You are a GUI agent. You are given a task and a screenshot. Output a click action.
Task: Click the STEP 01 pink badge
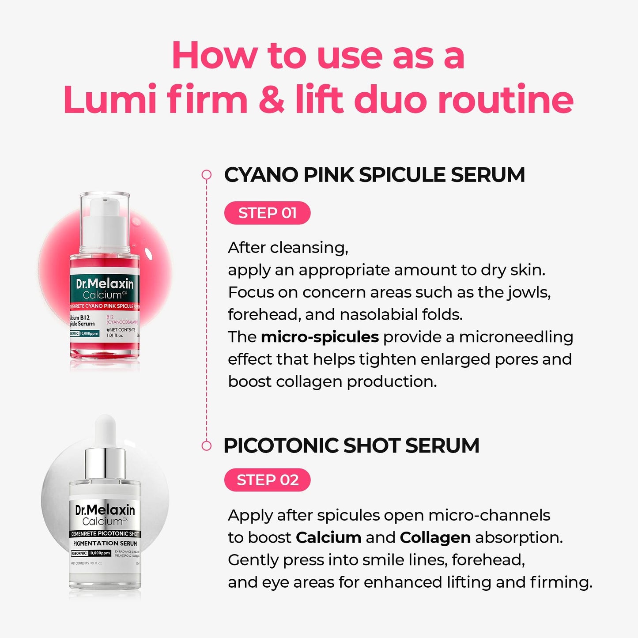click(x=267, y=213)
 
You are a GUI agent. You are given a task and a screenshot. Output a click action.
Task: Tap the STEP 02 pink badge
click(x=267, y=480)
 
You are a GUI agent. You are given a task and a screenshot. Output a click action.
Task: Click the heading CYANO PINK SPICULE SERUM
click(x=374, y=175)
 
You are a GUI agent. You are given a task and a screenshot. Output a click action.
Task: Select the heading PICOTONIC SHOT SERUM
click(x=351, y=445)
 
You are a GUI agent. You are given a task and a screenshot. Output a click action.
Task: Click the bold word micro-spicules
click(x=320, y=337)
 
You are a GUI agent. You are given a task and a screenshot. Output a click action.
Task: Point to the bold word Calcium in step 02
click(x=328, y=538)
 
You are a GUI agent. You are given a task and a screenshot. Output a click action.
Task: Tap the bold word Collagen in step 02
click(x=435, y=538)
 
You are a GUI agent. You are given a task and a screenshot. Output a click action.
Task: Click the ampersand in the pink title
click(x=272, y=100)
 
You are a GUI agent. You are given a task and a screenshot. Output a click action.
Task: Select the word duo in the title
click(x=390, y=100)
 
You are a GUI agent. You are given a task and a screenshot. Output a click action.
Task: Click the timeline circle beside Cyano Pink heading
click(x=206, y=175)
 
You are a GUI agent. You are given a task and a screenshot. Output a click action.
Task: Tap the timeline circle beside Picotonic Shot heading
click(x=206, y=445)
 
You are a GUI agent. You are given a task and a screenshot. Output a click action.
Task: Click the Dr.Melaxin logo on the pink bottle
click(x=105, y=283)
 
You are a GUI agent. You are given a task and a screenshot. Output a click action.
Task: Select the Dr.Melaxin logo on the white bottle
click(x=105, y=510)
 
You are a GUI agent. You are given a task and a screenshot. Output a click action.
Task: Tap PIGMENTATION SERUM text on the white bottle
click(x=105, y=544)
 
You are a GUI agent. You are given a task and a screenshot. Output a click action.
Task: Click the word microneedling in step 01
click(x=516, y=337)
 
